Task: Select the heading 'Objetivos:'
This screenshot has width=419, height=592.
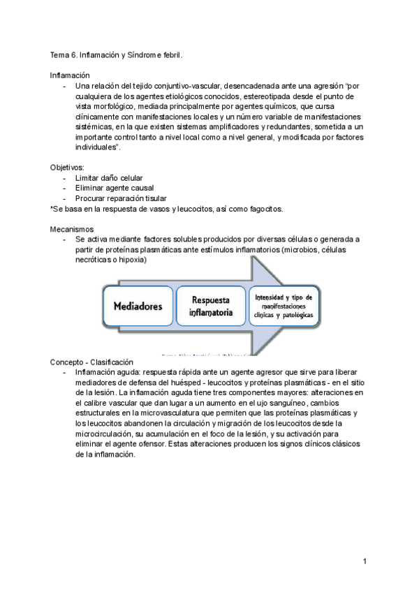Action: (67, 168)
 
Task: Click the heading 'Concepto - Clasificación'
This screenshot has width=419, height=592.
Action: (91, 362)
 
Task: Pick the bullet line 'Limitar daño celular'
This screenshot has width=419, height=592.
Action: (109, 178)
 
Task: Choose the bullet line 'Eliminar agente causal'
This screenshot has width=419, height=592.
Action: (114, 188)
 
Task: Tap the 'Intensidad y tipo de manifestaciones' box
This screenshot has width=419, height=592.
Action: (284, 305)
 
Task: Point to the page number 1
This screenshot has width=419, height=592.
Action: (365, 561)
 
